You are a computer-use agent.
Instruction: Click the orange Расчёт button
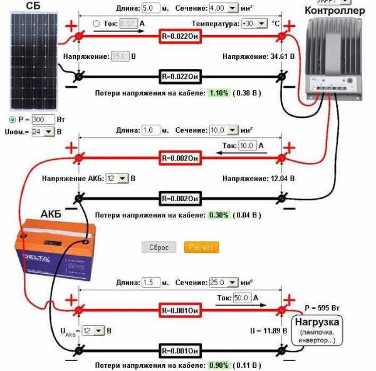(202, 248)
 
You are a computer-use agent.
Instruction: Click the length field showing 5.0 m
(152, 8)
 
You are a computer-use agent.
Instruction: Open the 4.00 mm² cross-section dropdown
(224, 8)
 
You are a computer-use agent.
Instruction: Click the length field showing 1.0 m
(152, 130)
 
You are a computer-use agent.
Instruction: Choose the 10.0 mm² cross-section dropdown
(224, 130)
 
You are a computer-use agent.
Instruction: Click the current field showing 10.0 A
(248, 145)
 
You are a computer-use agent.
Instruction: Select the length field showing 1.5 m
(152, 282)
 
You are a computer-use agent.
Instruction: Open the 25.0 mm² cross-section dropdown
(224, 282)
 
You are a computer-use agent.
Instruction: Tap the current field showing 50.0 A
(242, 297)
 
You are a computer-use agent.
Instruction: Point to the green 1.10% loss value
(218, 93)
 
